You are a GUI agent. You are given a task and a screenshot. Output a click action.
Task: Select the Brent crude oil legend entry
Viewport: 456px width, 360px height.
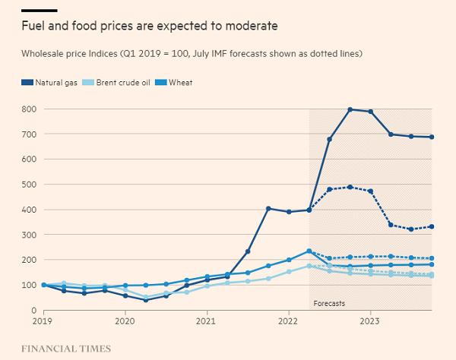pos(118,81)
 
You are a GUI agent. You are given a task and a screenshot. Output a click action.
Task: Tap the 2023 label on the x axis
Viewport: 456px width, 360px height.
pos(370,321)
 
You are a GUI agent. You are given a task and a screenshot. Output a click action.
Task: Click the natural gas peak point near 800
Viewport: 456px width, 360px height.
pos(350,109)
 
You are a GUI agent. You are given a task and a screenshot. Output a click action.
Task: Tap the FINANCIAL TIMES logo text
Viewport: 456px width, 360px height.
pos(67,349)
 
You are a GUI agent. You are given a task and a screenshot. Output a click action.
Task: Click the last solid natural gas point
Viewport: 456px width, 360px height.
pos(432,137)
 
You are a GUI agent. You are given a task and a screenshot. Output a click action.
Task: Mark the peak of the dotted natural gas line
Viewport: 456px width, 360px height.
pos(350,187)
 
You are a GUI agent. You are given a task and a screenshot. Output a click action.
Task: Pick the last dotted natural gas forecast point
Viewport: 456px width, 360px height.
pos(432,226)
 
